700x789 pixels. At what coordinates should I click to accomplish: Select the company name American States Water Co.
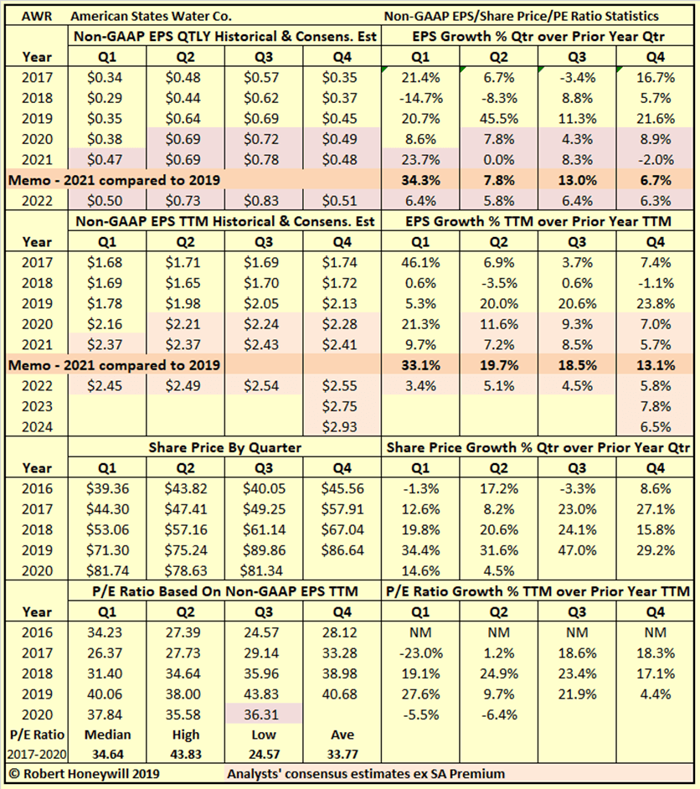click(x=151, y=16)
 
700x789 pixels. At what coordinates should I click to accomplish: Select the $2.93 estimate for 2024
click(x=340, y=426)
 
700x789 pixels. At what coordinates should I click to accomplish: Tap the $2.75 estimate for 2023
click(x=340, y=406)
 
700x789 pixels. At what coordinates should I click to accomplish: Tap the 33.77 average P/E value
click(x=340, y=753)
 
